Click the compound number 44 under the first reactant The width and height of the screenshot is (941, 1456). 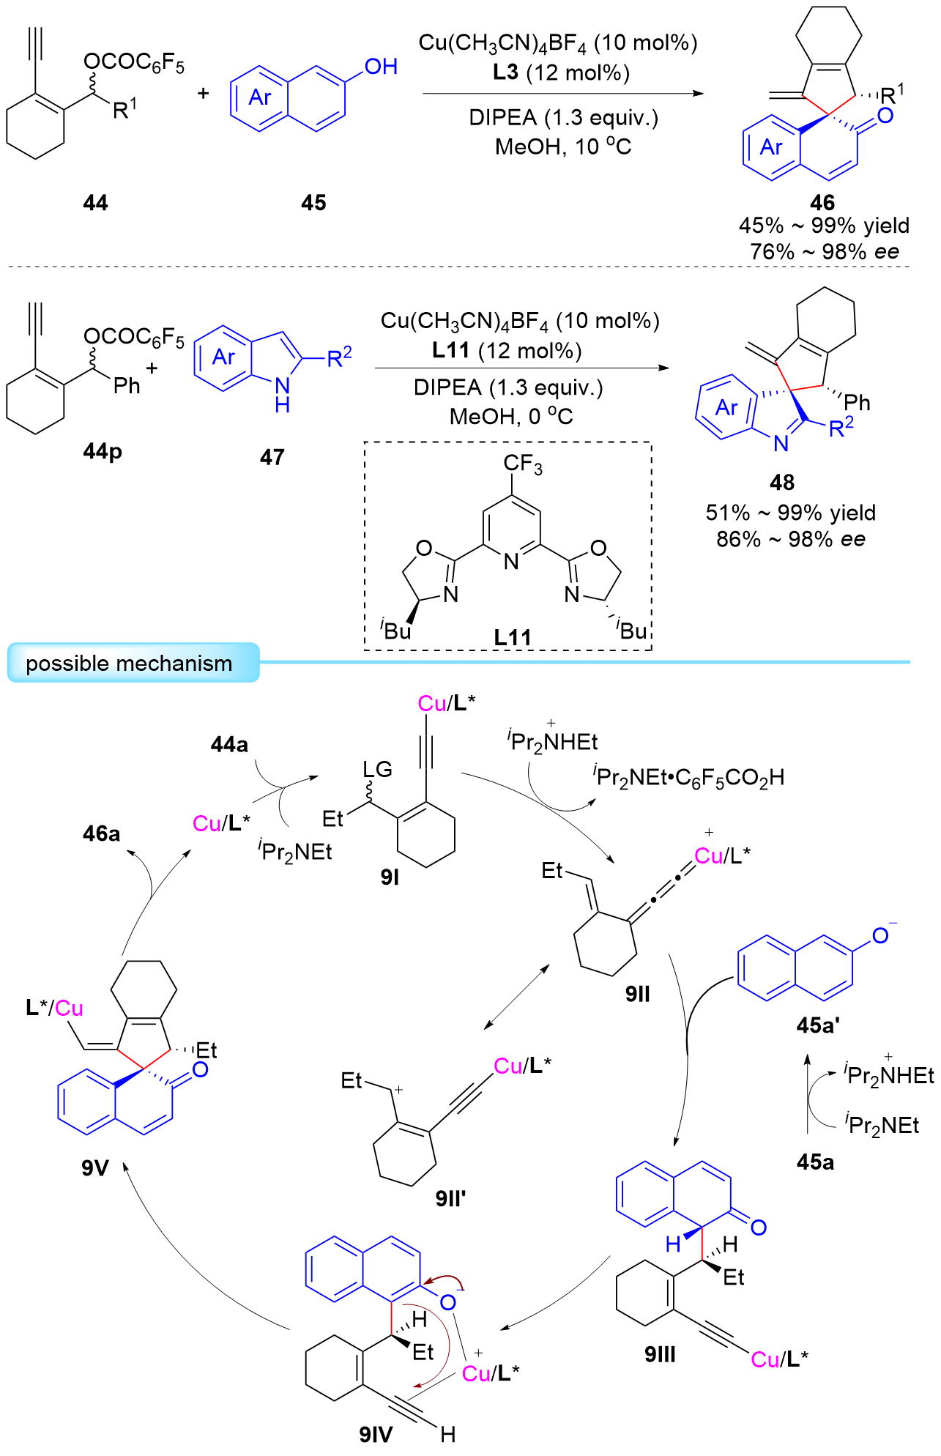click(x=95, y=203)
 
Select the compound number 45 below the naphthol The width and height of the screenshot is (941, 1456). click(x=313, y=203)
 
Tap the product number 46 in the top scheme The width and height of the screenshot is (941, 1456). click(x=822, y=203)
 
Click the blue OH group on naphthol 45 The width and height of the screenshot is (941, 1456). click(x=381, y=67)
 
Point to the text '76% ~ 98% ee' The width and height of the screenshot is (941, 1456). click(x=824, y=252)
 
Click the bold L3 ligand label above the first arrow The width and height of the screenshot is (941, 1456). click(x=505, y=73)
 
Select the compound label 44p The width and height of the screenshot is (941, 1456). click(x=103, y=451)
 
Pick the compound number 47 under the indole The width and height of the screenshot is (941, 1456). click(x=272, y=458)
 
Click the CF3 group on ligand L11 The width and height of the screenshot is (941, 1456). click(x=523, y=464)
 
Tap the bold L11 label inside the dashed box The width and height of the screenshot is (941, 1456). click(x=512, y=637)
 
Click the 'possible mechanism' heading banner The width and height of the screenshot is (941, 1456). click(x=130, y=664)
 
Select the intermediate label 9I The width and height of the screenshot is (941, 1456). click(x=390, y=877)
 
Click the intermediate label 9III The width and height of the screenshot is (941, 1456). click(x=660, y=1354)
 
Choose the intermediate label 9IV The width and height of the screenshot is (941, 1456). click(x=376, y=1434)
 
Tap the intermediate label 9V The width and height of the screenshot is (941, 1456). click(x=95, y=1167)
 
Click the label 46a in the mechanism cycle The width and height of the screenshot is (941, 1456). click(x=101, y=833)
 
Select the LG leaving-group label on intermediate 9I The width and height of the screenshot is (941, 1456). click(x=377, y=769)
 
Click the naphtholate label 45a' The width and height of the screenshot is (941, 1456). click(x=817, y=1025)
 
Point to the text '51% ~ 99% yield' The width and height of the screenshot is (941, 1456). click(x=791, y=513)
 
